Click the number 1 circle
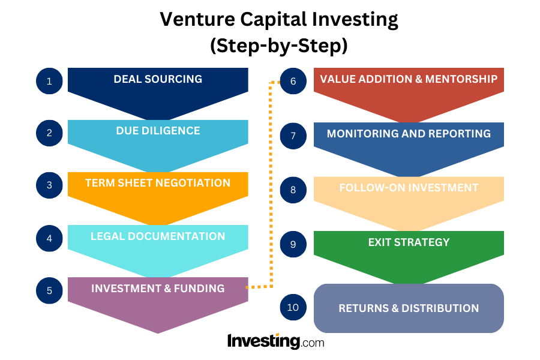pyautogui.click(x=50, y=81)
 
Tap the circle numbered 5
pyautogui.click(x=50, y=290)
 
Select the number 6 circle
pyautogui.click(x=293, y=81)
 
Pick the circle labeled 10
pyautogui.click(x=293, y=308)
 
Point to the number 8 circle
pyautogui.click(x=293, y=190)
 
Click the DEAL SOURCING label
pyautogui.click(x=158, y=79)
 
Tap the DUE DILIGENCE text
pyautogui.click(x=158, y=131)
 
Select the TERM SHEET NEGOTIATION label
pyautogui.click(x=158, y=183)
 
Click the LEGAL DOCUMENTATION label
pyautogui.click(x=158, y=236)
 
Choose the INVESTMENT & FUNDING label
pyautogui.click(x=158, y=289)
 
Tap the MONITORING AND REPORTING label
pyautogui.click(x=409, y=133)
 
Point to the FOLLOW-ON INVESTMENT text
pyautogui.click(x=409, y=188)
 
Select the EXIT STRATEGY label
pyautogui.click(x=409, y=242)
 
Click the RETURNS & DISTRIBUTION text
pyautogui.click(x=409, y=308)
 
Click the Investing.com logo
pyautogui.click(x=275, y=342)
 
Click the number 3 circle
pyautogui.click(x=50, y=185)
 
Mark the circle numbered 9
pyautogui.click(x=293, y=244)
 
